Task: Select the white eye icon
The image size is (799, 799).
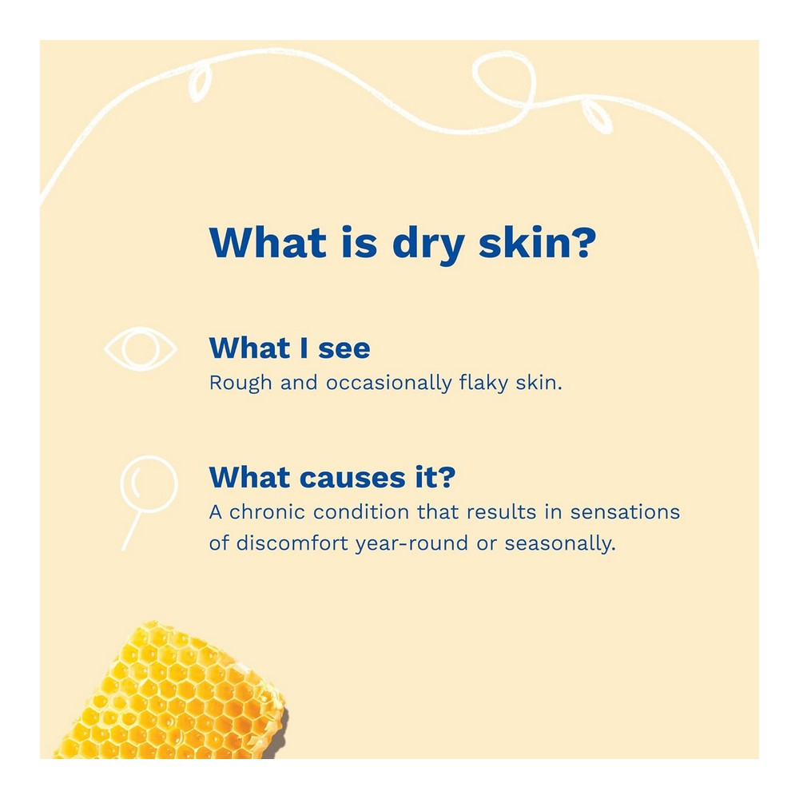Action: (x=141, y=348)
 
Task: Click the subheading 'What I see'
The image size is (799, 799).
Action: (x=289, y=348)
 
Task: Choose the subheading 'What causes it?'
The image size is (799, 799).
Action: (x=332, y=478)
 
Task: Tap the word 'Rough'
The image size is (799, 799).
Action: (x=240, y=384)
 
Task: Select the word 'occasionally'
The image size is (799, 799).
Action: (x=389, y=384)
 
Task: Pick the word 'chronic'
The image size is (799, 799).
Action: (x=268, y=512)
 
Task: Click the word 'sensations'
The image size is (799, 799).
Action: (x=626, y=512)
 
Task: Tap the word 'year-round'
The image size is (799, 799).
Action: (x=411, y=544)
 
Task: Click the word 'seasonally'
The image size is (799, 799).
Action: (x=560, y=544)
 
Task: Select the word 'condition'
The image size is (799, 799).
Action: (x=361, y=512)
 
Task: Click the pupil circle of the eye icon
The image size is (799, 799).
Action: (x=141, y=348)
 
